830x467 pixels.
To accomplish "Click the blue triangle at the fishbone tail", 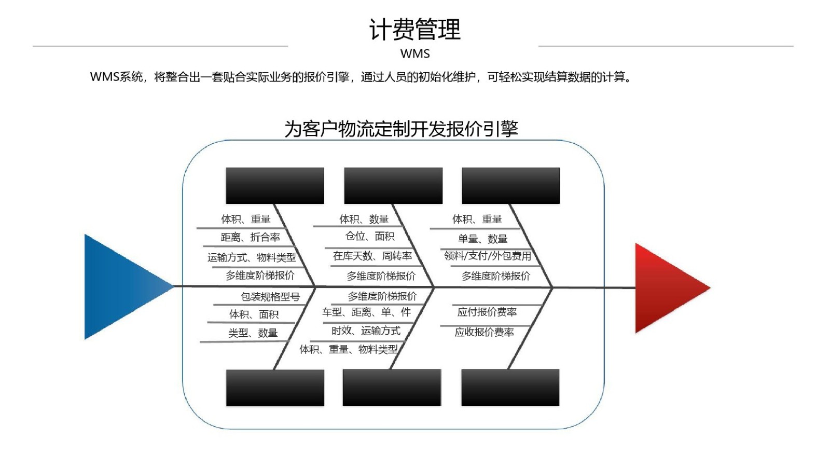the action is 122,286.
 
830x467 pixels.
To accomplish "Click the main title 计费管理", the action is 415,29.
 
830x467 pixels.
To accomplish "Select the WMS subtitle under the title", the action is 415,54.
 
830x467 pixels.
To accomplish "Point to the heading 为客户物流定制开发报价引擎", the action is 402,129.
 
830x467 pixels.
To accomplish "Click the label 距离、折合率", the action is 251,237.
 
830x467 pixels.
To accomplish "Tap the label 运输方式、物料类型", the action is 252,257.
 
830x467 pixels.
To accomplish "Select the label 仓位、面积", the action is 370,236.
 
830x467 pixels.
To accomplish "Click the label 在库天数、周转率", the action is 372,256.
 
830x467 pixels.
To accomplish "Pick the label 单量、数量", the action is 482,239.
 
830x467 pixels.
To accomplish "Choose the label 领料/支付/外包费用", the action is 488,256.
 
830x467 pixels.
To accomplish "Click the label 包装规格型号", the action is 270,296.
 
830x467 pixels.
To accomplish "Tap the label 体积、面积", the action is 254,314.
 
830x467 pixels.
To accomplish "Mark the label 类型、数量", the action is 253,333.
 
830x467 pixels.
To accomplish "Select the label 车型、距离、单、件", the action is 366,312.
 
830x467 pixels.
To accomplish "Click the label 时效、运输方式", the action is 366,331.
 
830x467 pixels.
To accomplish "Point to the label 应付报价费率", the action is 487,312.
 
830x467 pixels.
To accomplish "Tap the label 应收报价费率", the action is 485,332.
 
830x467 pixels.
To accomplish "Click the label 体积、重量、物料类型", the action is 348,349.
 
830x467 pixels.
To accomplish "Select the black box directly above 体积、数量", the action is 393,185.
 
